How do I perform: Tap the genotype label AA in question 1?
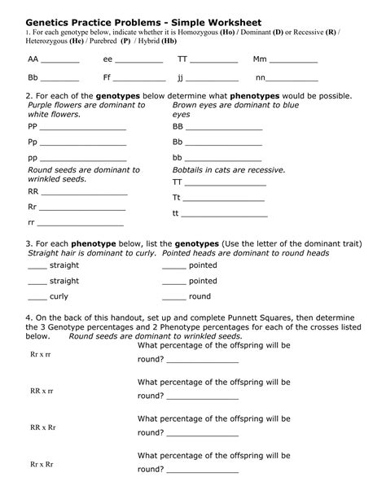(x=33, y=59)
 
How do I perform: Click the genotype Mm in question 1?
(x=261, y=59)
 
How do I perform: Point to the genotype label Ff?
(x=107, y=78)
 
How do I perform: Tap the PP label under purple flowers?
(x=33, y=127)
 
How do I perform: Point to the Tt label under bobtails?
(x=177, y=197)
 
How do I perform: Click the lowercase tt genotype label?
(x=176, y=212)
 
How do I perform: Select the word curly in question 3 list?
(x=59, y=296)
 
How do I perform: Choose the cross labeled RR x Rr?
(x=42, y=427)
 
